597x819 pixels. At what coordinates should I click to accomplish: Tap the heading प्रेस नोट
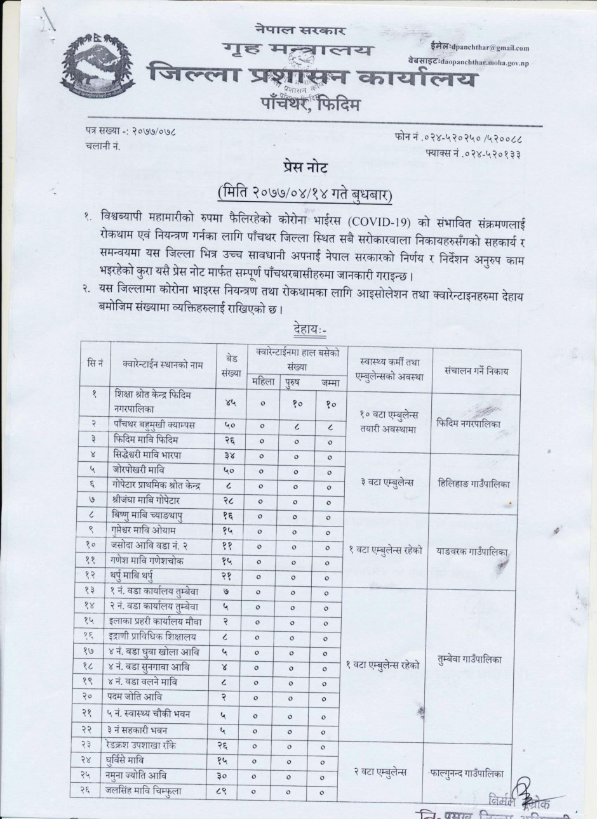[x=304, y=167]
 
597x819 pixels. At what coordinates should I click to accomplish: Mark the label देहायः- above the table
[x=310, y=331]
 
